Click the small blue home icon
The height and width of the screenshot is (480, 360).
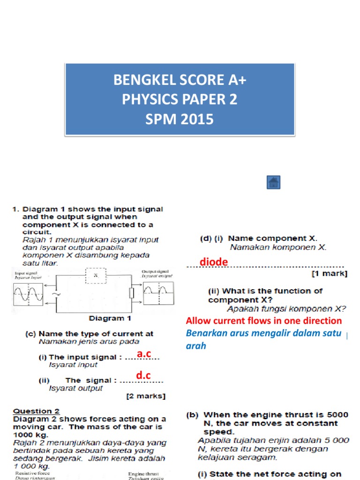pos(273,182)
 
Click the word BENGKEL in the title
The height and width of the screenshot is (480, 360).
pos(142,80)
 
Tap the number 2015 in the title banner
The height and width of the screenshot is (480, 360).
pos(196,120)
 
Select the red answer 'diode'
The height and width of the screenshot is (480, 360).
pos(214,262)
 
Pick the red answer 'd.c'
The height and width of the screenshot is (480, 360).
pos(143,375)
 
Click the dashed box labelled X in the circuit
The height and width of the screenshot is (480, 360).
pos(95,276)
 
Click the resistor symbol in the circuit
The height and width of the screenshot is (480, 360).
pos(132,293)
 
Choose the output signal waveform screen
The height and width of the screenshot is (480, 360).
pos(157,294)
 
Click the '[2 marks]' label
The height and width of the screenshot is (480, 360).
pos(146,396)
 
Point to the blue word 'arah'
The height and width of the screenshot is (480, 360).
pos(196,346)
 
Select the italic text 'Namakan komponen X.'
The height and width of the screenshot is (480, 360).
pos(277,247)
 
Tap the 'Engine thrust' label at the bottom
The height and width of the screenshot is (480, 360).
pos(144,474)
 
